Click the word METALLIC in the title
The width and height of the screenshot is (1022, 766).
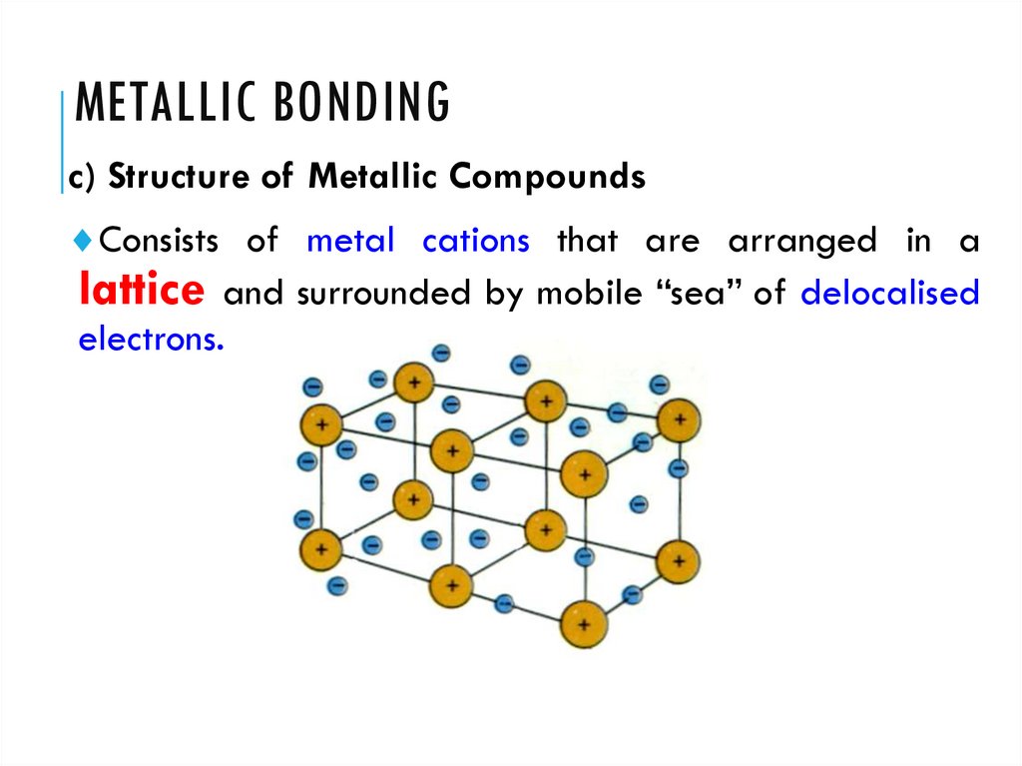[154, 104]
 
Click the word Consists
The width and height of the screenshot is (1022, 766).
[162, 241]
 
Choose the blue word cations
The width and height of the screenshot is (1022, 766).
[475, 241]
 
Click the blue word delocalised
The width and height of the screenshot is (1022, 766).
[889, 295]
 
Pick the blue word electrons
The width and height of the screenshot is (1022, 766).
[151, 340]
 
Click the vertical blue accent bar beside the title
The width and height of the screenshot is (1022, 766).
[63, 140]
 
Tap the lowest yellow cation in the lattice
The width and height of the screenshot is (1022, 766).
[583, 625]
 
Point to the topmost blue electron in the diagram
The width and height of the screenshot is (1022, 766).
[441, 353]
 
